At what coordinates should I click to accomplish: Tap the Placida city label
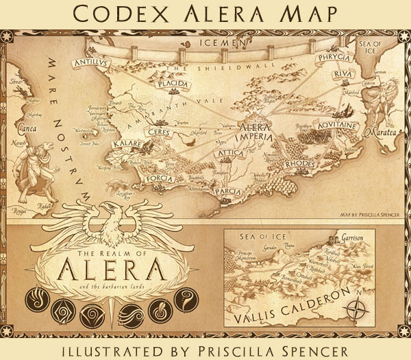(x=171, y=85)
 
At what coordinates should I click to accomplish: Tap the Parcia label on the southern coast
(x=227, y=193)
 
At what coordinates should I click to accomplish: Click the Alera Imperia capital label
(x=256, y=131)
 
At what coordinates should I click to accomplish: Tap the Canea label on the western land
(x=25, y=126)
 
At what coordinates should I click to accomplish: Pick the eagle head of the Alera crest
(x=108, y=210)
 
